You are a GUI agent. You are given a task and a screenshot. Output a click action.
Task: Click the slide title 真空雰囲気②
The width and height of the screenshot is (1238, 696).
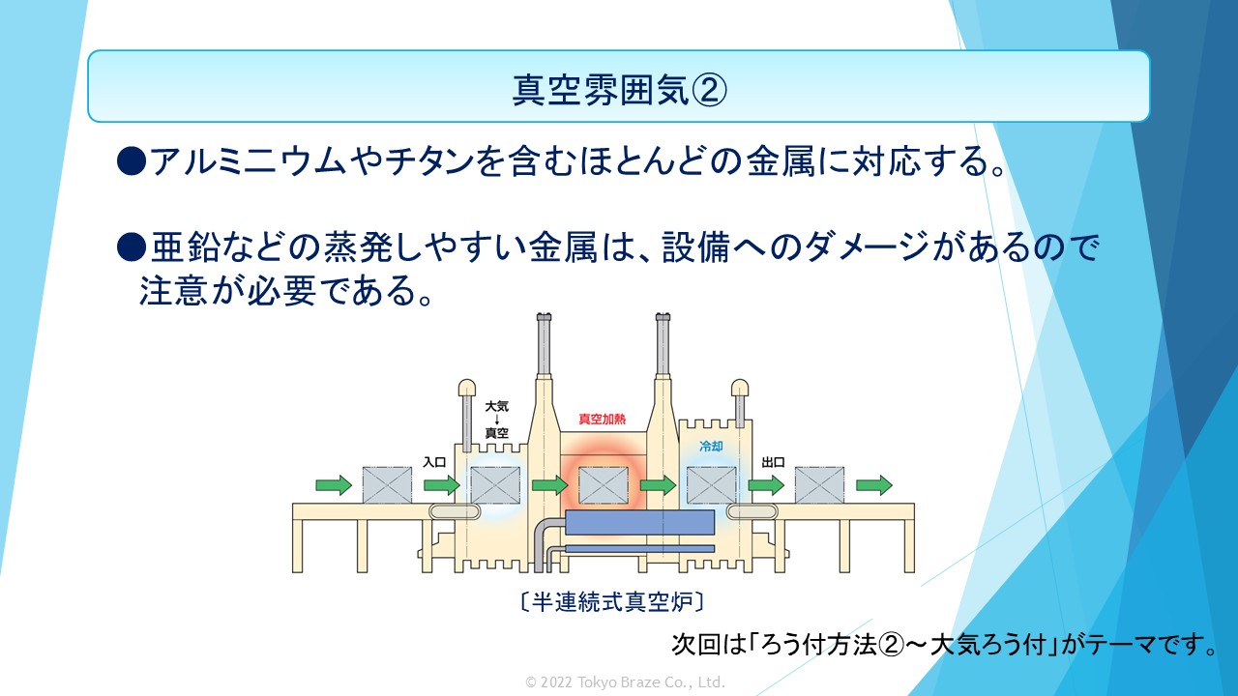pos(619,90)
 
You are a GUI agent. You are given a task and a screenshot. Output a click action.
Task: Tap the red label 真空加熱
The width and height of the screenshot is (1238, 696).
pos(602,420)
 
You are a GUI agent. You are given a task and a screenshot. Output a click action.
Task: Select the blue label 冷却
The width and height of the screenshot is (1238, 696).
pos(711,446)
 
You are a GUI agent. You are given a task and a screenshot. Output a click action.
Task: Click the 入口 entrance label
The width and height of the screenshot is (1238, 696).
pos(434,462)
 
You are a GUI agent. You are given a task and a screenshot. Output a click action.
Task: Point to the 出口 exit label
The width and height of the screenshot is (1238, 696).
pos(773,462)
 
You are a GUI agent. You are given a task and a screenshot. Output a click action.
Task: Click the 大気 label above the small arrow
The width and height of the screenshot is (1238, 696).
pos(496,407)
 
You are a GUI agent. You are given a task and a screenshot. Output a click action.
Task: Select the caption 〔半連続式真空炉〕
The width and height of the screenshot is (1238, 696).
pos(613,601)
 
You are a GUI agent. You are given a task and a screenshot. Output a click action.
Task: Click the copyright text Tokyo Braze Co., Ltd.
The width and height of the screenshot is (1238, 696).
pos(651,682)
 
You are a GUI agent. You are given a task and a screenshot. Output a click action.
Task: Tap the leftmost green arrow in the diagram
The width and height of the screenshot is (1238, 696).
pos(334,485)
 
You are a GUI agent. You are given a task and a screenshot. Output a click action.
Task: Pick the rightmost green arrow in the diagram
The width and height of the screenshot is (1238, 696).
pos(874,485)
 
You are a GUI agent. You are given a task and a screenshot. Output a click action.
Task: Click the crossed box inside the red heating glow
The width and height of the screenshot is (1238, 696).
pos(604,485)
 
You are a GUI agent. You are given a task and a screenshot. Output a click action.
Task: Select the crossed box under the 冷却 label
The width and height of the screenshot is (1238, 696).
pos(712,485)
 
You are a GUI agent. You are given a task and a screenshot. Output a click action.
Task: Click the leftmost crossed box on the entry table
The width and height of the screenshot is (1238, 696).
pos(387,485)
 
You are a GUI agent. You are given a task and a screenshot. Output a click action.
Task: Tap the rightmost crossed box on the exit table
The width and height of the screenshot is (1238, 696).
pos(819,485)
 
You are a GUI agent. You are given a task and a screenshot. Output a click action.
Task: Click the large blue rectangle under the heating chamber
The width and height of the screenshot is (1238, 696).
pos(640,522)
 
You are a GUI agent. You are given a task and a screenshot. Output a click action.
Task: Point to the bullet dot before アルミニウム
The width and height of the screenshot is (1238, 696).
pos(132,161)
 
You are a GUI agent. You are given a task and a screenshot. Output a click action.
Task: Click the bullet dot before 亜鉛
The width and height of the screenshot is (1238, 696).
pos(132,246)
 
